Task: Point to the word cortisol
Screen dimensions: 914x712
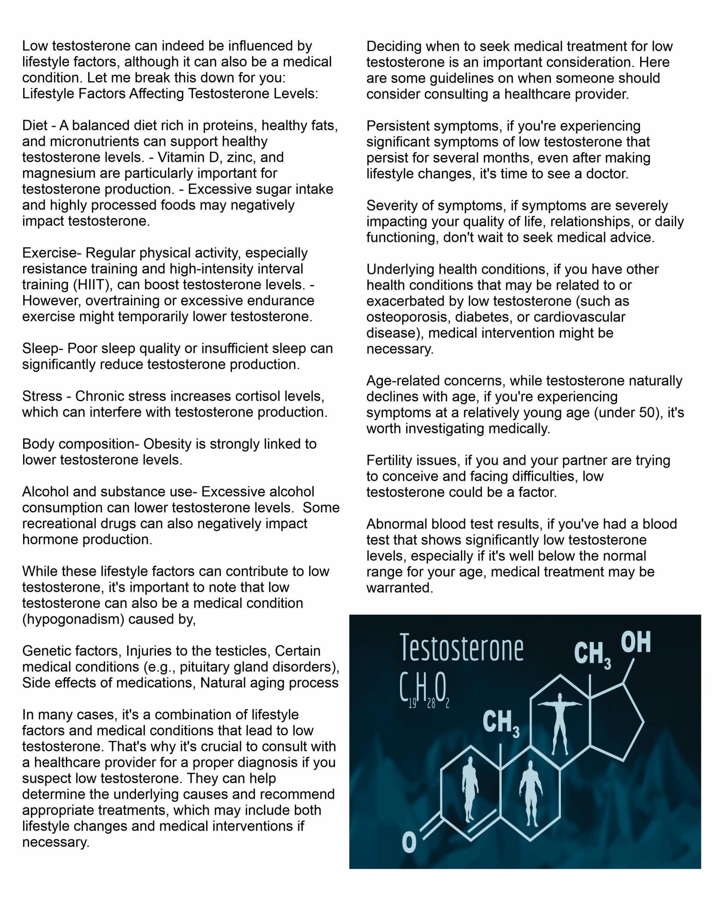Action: pos(246,396)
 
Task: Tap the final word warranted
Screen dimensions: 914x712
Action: pos(400,588)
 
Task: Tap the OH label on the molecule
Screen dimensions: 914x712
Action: pos(635,642)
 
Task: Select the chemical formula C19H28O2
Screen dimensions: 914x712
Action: pos(424,692)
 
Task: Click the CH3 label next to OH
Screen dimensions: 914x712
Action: pos(592,655)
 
